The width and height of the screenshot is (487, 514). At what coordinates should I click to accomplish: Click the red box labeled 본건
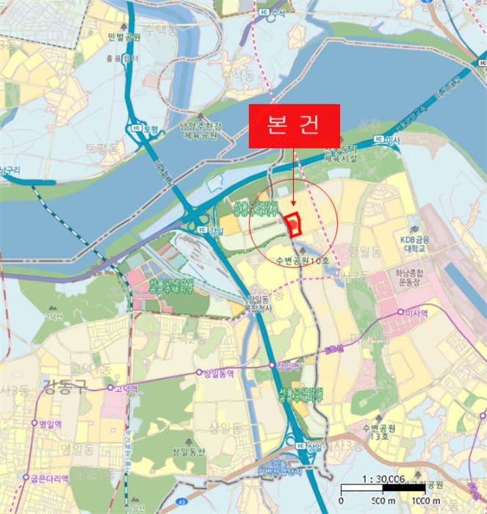[295, 126]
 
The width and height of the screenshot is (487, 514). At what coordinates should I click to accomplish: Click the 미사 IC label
[385, 139]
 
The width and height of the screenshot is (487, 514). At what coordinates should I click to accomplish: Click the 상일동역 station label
[218, 372]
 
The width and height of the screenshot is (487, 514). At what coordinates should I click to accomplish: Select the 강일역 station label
[286, 366]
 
